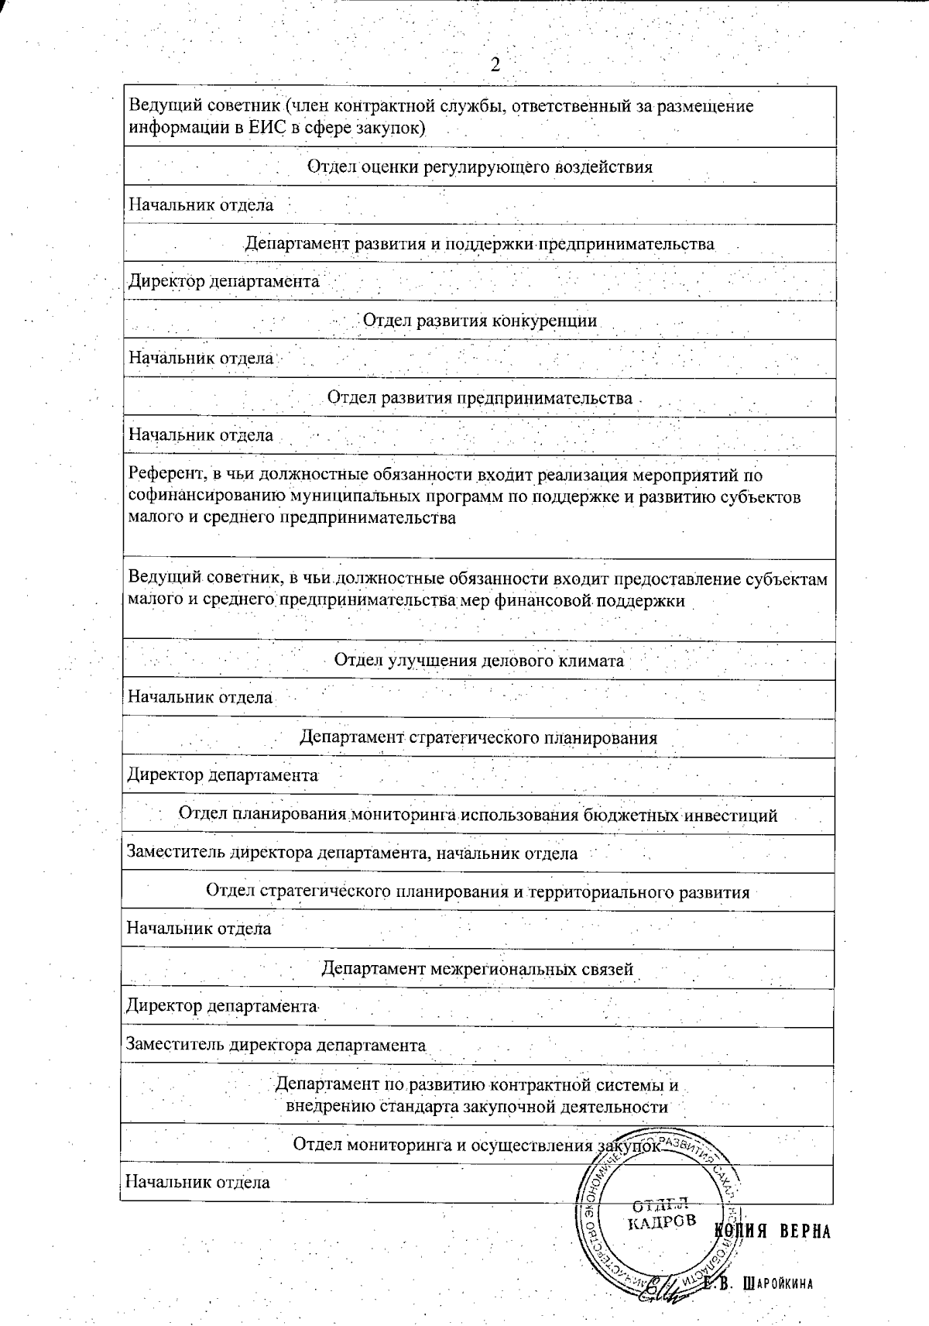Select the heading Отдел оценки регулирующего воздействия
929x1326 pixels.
click(479, 167)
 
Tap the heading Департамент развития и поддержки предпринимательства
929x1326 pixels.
click(479, 244)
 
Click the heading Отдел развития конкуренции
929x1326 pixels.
click(479, 321)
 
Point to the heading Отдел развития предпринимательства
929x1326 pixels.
click(479, 398)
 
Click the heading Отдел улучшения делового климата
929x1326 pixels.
click(478, 661)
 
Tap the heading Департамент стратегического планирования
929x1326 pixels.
click(478, 737)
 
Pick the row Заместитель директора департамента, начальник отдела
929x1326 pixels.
click(352, 854)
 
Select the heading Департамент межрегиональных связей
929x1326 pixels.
click(477, 969)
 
